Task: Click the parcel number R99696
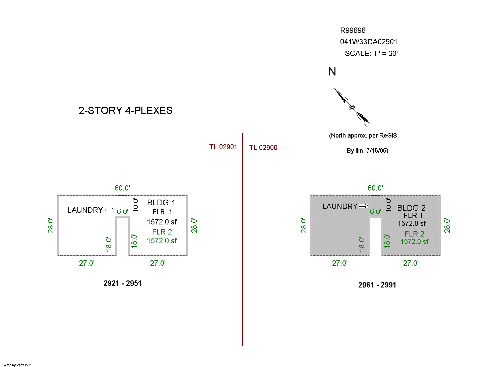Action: click(x=353, y=30)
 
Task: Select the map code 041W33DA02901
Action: click(x=369, y=42)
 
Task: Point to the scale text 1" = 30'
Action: click(x=386, y=53)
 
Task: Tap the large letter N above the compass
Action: click(x=332, y=71)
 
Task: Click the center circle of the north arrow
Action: click(x=352, y=107)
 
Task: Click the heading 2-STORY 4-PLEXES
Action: click(x=125, y=110)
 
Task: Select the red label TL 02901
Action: click(x=223, y=147)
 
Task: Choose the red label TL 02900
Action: click(x=263, y=148)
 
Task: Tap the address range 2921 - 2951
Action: click(x=122, y=283)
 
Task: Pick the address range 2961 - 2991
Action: click(x=377, y=285)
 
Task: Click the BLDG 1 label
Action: click(x=161, y=203)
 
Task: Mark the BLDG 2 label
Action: click(x=411, y=208)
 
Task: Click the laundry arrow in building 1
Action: click(x=110, y=210)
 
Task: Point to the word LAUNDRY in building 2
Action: click(x=340, y=206)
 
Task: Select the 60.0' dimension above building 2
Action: click(x=375, y=188)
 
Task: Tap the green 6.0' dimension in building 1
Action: click(x=123, y=211)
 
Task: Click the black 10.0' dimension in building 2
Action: click(x=389, y=205)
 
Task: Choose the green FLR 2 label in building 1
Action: click(x=162, y=232)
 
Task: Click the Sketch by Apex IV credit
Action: click(x=16, y=365)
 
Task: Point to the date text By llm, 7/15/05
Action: click(x=367, y=150)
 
